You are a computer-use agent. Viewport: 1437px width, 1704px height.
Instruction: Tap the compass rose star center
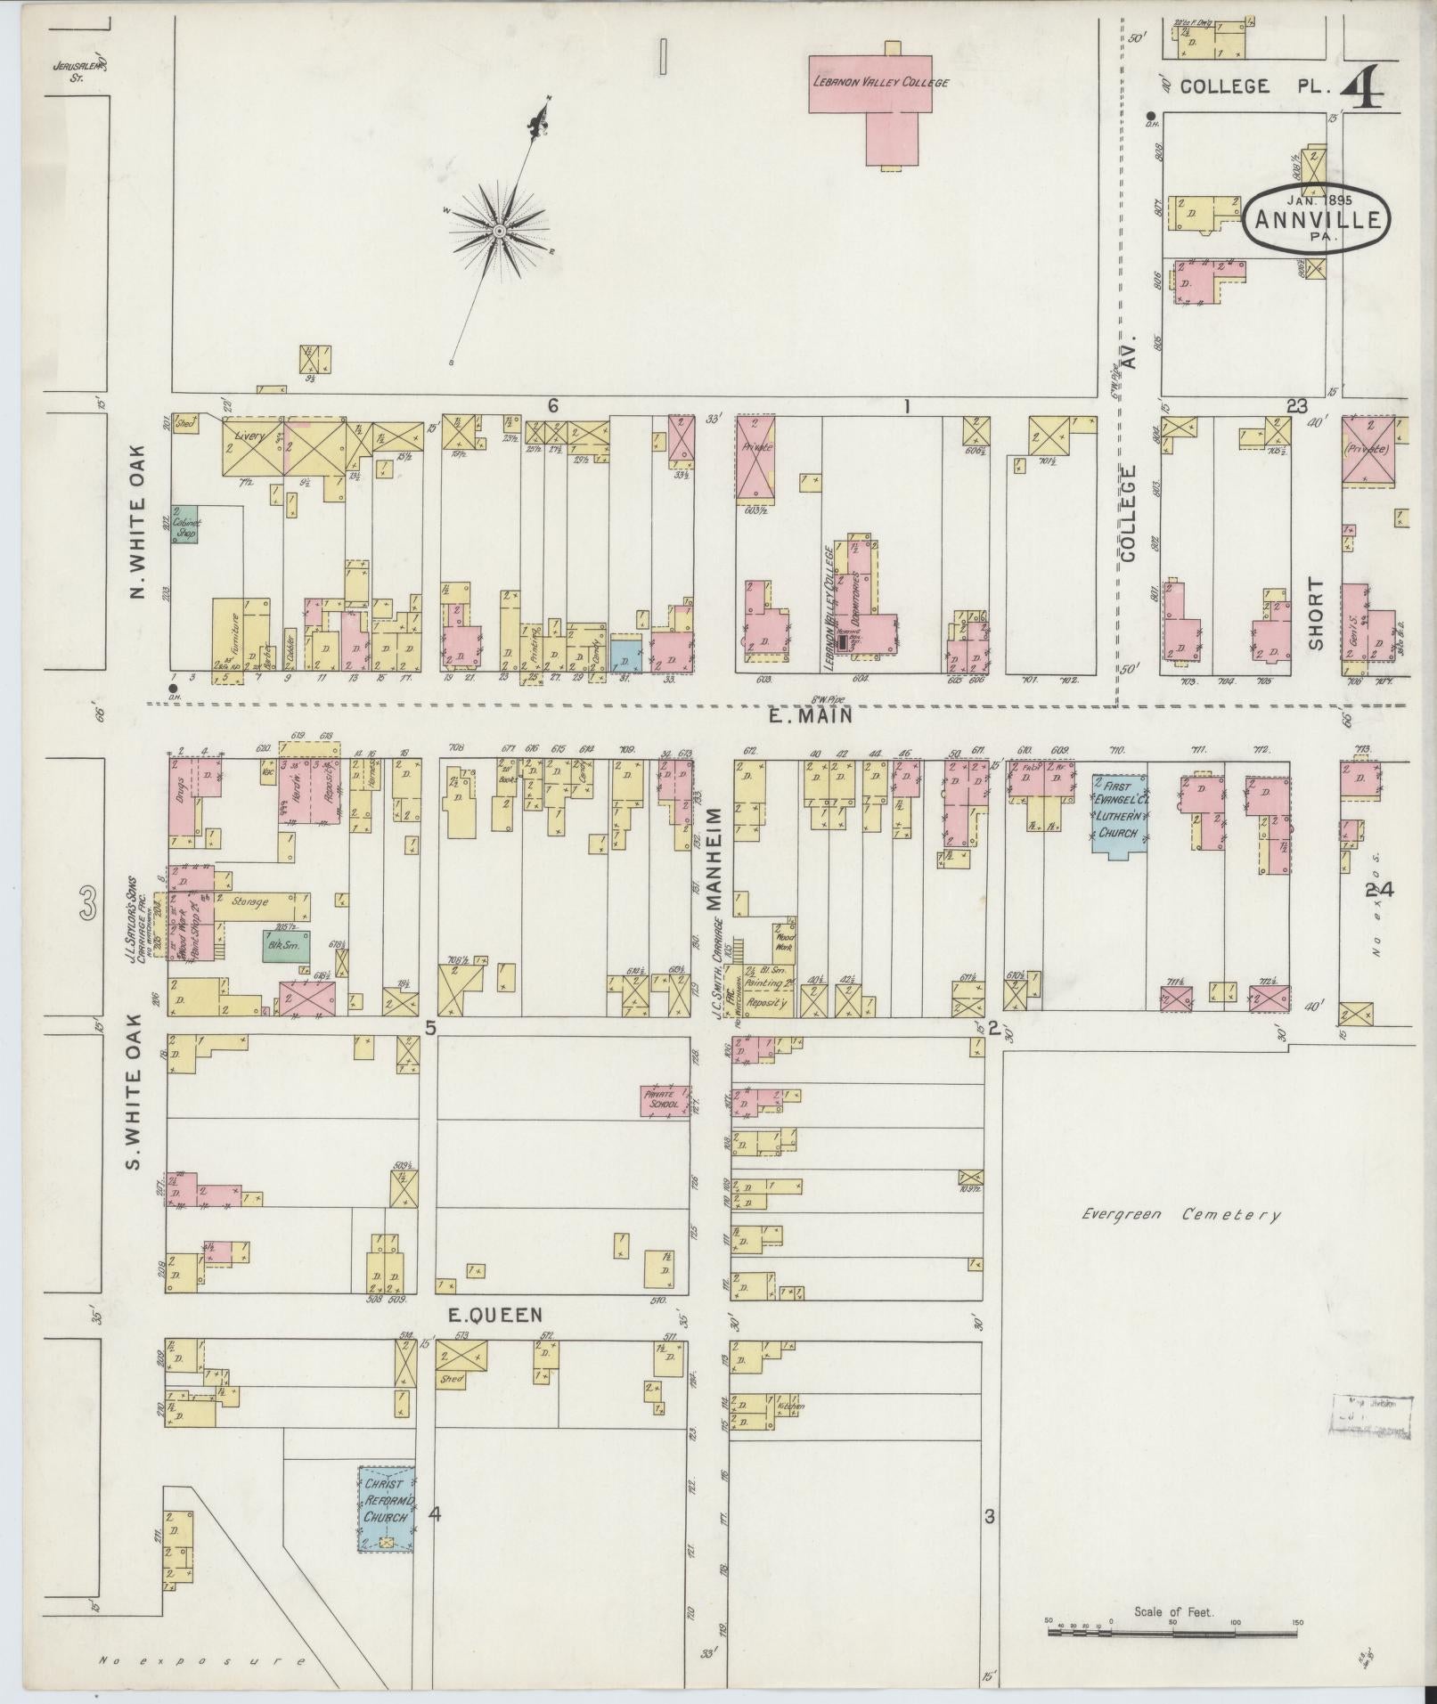[x=500, y=231]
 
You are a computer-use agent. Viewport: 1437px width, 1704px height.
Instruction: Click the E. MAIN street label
[x=812, y=714]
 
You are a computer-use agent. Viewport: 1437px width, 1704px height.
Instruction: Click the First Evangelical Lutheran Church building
[x=1120, y=815]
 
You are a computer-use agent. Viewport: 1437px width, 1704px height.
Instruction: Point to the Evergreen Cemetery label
[x=1180, y=1214]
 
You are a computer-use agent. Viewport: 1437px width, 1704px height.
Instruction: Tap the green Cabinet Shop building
[x=185, y=526]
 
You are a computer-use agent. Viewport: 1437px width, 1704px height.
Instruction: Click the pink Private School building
[x=665, y=1103]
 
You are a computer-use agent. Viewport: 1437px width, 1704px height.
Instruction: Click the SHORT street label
[x=1317, y=614]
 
